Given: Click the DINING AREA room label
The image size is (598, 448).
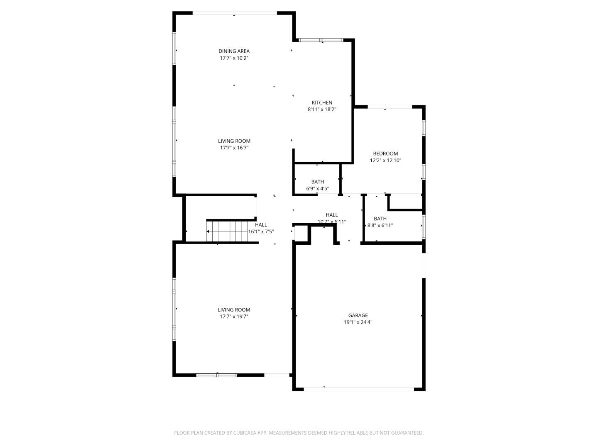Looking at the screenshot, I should [x=234, y=51].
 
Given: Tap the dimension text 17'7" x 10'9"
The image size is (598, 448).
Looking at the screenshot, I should [x=234, y=58].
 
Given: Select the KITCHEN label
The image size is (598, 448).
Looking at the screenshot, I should [x=322, y=102].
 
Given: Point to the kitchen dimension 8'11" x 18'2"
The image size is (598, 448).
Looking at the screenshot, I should [x=322, y=110].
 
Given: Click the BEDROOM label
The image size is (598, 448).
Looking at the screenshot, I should [x=385, y=153].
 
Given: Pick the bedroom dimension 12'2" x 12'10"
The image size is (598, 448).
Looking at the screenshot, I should [x=385, y=161].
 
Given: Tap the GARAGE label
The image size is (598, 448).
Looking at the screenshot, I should [x=358, y=315].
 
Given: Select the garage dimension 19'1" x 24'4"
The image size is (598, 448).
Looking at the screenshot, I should [x=358, y=322].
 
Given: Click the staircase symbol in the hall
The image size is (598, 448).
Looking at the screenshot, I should [x=227, y=231].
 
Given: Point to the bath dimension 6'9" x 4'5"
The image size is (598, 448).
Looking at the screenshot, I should [x=318, y=189].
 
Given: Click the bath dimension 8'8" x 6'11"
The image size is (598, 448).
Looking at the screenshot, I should [x=380, y=226].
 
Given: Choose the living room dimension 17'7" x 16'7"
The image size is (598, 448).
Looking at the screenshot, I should [x=234, y=148].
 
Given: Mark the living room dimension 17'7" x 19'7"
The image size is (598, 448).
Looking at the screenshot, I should [x=234, y=317].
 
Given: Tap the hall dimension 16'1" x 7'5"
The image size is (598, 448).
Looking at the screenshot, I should [x=261, y=232].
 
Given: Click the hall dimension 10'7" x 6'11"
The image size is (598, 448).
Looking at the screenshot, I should [x=332, y=222].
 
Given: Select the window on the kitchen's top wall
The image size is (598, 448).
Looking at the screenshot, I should [x=321, y=40].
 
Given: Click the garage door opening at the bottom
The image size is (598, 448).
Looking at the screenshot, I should [x=358, y=389].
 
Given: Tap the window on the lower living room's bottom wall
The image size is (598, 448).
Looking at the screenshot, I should [x=216, y=375].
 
